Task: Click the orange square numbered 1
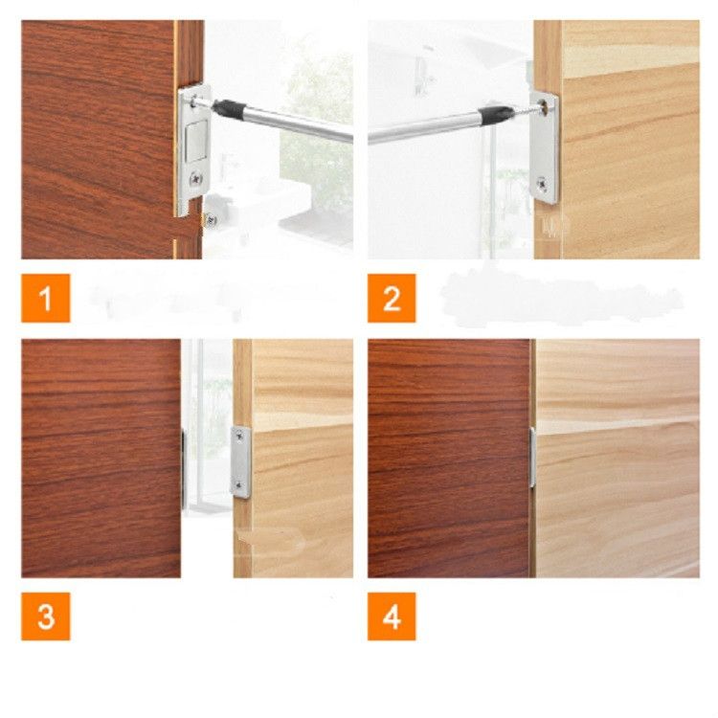click(46, 298)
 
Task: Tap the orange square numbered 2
click(392, 298)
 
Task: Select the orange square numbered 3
click(46, 617)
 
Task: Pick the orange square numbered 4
click(392, 617)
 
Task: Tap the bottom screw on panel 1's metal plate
click(196, 177)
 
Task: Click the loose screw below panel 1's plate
click(211, 220)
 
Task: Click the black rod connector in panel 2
click(495, 113)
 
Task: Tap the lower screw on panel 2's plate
click(542, 183)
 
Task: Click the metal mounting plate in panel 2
click(545, 146)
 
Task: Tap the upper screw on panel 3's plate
click(238, 437)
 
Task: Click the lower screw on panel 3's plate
click(238, 485)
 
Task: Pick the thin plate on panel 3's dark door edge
click(183, 469)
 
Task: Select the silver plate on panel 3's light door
click(241, 462)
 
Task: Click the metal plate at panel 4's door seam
click(533, 457)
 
